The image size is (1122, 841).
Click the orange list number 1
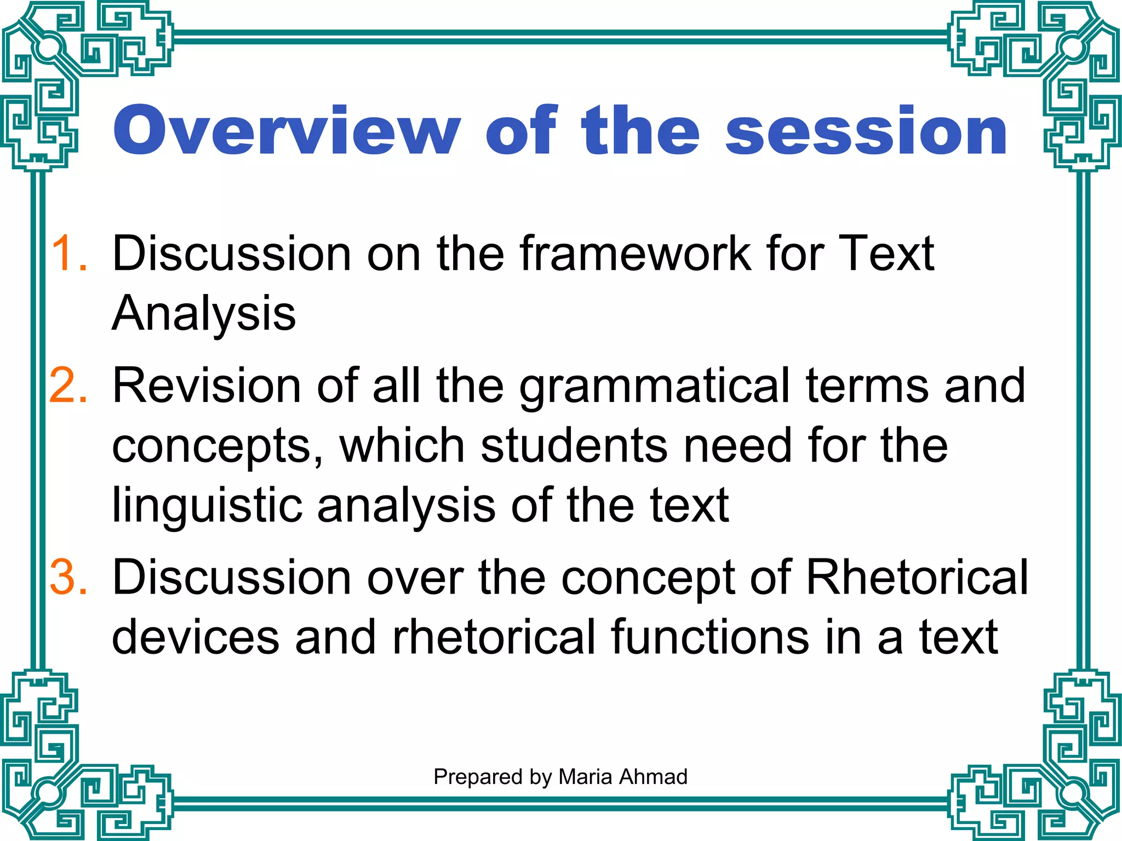[68, 253]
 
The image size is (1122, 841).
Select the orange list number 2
[68, 385]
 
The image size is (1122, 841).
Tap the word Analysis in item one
[204, 313]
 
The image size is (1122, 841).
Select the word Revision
[207, 385]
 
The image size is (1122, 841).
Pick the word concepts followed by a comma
[217, 446]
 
